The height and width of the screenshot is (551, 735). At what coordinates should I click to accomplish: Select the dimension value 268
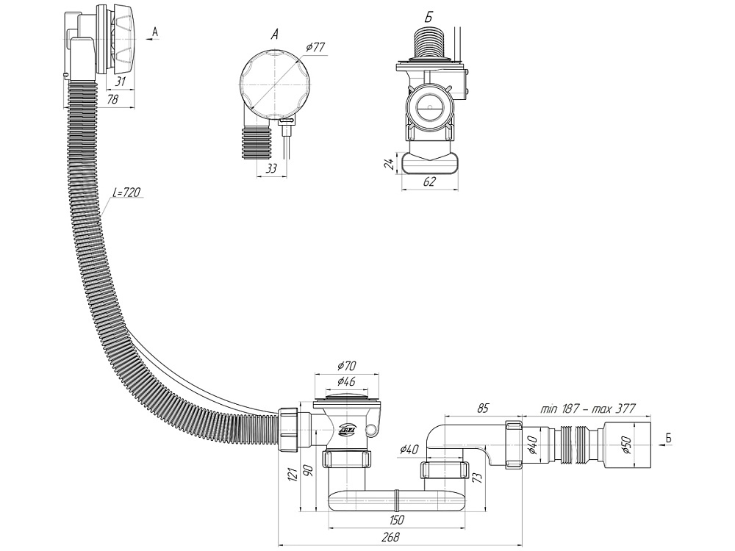392,537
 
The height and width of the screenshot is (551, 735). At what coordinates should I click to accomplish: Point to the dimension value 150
395,521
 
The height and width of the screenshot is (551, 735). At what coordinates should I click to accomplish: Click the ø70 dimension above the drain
348,366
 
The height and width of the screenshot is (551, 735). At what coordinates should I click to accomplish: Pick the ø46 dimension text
348,381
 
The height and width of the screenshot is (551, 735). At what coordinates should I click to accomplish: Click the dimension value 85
483,408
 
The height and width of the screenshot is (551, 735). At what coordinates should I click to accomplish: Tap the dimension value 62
430,182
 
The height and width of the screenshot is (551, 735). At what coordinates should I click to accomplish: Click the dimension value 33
270,169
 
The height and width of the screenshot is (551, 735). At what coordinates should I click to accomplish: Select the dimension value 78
112,100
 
